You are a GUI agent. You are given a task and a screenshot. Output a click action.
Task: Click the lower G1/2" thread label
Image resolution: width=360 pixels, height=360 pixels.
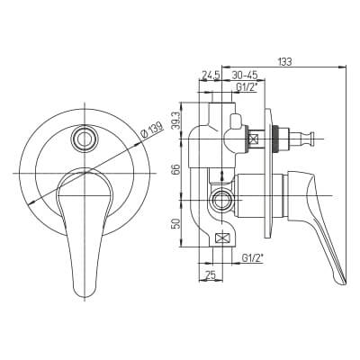click(x=254, y=257)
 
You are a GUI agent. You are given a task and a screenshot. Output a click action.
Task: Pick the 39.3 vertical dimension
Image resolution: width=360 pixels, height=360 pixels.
click(x=179, y=121)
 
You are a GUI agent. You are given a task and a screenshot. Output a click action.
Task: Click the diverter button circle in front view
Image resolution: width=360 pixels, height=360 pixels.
click(x=85, y=138)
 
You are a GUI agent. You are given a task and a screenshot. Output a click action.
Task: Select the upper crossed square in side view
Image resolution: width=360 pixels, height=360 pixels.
click(x=254, y=140)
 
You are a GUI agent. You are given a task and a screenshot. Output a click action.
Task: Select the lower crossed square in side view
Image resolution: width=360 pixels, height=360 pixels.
click(x=223, y=238)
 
